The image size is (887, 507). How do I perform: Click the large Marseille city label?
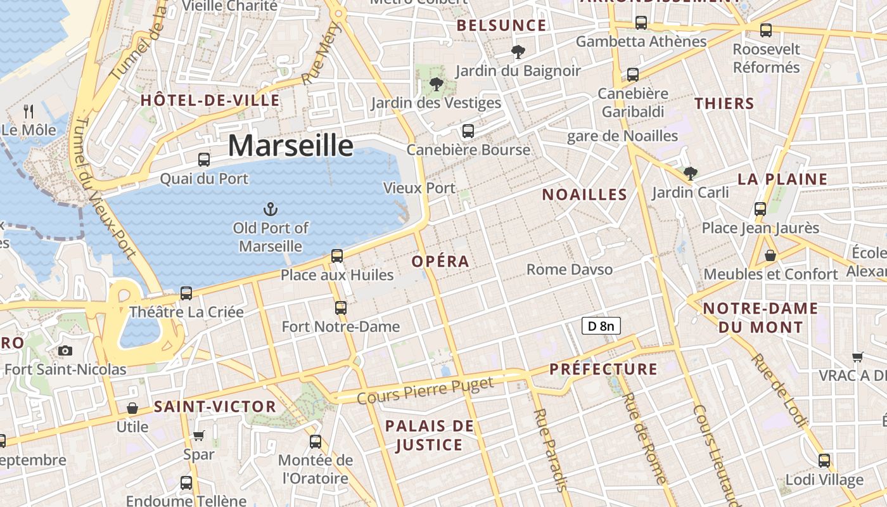[x=290, y=146]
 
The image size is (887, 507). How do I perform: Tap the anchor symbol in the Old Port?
[x=271, y=209]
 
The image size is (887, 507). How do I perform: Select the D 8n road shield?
[x=601, y=326]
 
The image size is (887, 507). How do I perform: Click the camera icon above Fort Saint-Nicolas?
[x=65, y=350]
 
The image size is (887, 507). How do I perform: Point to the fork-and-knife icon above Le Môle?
[x=29, y=112]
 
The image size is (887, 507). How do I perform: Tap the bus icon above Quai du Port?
[x=204, y=160]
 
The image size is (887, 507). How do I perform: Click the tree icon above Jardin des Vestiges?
[x=436, y=84]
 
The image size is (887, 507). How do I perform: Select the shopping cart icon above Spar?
[x=198, y=435]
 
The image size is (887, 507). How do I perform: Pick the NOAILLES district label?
[x=584, y=195]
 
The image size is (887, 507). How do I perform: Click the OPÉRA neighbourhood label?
[x=440, y=261]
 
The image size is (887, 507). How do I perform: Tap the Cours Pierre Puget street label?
[x=424, y=390]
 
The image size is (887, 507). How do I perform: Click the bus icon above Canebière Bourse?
[x=468, y=131]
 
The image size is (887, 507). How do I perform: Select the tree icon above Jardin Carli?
[x=691, y=173]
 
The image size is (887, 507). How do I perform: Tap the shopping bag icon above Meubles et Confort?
[x=770, y=255]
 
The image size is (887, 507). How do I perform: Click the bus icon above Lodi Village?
[x=824, y=461]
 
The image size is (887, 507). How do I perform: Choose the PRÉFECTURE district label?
[x=603, y=369]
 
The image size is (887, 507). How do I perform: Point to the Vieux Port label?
[x=419, y=188]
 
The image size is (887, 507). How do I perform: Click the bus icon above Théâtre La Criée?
[x=186, y=293]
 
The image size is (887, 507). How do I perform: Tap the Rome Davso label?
[x=570, y=269]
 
